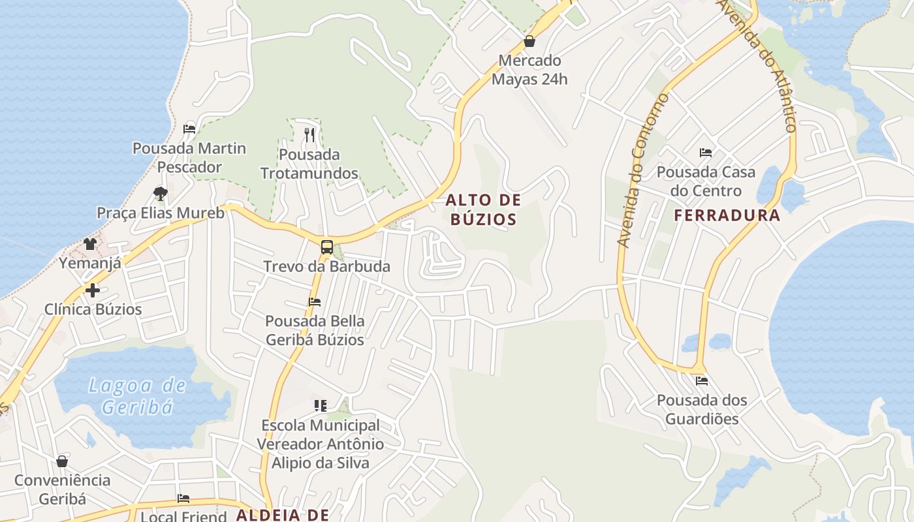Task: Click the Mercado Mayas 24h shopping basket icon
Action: click(x=529, y=42)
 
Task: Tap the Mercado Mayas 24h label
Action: click(x=529, y=70)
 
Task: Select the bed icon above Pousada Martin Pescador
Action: click(x=189, y=129)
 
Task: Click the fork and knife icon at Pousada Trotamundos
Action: click(x=309, y=135)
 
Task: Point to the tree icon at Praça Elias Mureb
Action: click(x=160, y=193)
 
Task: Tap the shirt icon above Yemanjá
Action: click(x=90, y=244)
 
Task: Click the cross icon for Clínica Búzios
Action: click(x=93, y=290)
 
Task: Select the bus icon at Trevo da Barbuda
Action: click(x=327, y=247)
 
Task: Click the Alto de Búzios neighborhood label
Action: click(x=484, y=209)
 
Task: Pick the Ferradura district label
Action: click(x=727, y=215)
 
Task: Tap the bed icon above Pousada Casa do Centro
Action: click(x=706, y=153)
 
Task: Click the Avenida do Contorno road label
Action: click(x=643, y=171)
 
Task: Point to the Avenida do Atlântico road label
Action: click(x=759, y=65)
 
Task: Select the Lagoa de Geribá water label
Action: click(x=138, y=396)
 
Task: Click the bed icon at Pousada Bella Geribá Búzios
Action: click(x=315, y=302)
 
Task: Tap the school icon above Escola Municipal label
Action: click(x=320, y=406)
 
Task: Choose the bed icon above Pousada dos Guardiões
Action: click(x=702, y=380)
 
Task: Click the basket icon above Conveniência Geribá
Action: click(x=62, y=461)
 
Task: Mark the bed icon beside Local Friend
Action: click(x=183, y=499)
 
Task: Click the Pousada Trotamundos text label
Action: click(x=309, y=164)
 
